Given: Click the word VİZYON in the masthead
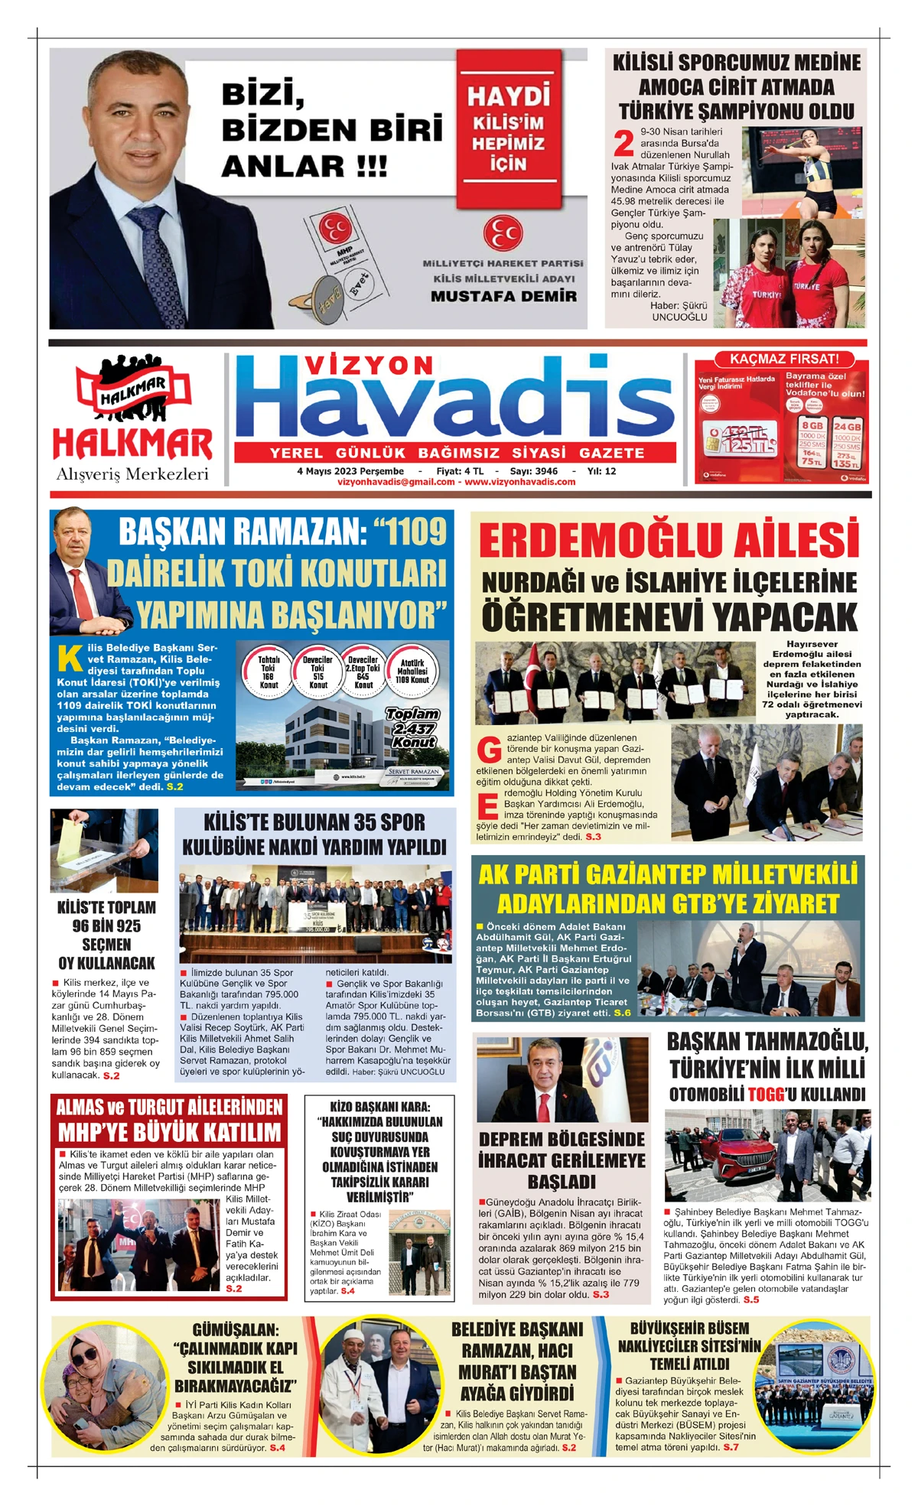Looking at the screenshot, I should (369, 366).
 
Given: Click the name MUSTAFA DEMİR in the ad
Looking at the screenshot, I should (503, 297).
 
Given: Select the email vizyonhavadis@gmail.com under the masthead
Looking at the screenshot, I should (396, 482).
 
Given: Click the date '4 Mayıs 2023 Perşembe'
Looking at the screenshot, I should (350, 471).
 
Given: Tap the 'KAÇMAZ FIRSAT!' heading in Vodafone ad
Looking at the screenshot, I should (784, 359).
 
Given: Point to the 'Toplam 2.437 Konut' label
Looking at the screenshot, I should (412, 727).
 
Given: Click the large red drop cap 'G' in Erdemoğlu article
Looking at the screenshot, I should (489, 750).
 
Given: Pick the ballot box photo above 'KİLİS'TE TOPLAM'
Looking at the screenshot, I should (104, 851).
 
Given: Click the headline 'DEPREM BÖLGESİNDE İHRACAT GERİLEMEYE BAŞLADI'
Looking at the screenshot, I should (562, 1160).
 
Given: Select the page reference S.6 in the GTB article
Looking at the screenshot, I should (622, 1013).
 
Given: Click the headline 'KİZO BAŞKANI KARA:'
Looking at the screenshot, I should (380, 1107).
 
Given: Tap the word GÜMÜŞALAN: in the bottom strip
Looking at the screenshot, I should (236, 1330).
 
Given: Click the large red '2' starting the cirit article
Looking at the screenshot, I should (623, 144).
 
